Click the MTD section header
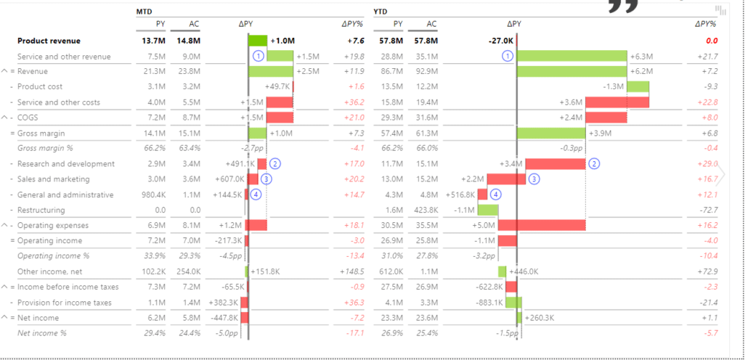[x=145, y=12]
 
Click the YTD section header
[x=381, y=12]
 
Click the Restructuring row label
[x=41, y=210]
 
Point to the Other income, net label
[x=51, y=271]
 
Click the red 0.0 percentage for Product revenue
[x=711, y=41]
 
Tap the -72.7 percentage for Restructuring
[x=707, y=210]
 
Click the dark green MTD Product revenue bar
[x=258, y=41]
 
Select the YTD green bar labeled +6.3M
[x=572, y=57]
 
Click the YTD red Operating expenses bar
[x=542, y=225]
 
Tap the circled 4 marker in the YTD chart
[x=496, y=195]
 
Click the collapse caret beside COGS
[x=5, y=118]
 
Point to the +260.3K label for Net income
[x=539, y=318]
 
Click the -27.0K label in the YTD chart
[x=500, y=41]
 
